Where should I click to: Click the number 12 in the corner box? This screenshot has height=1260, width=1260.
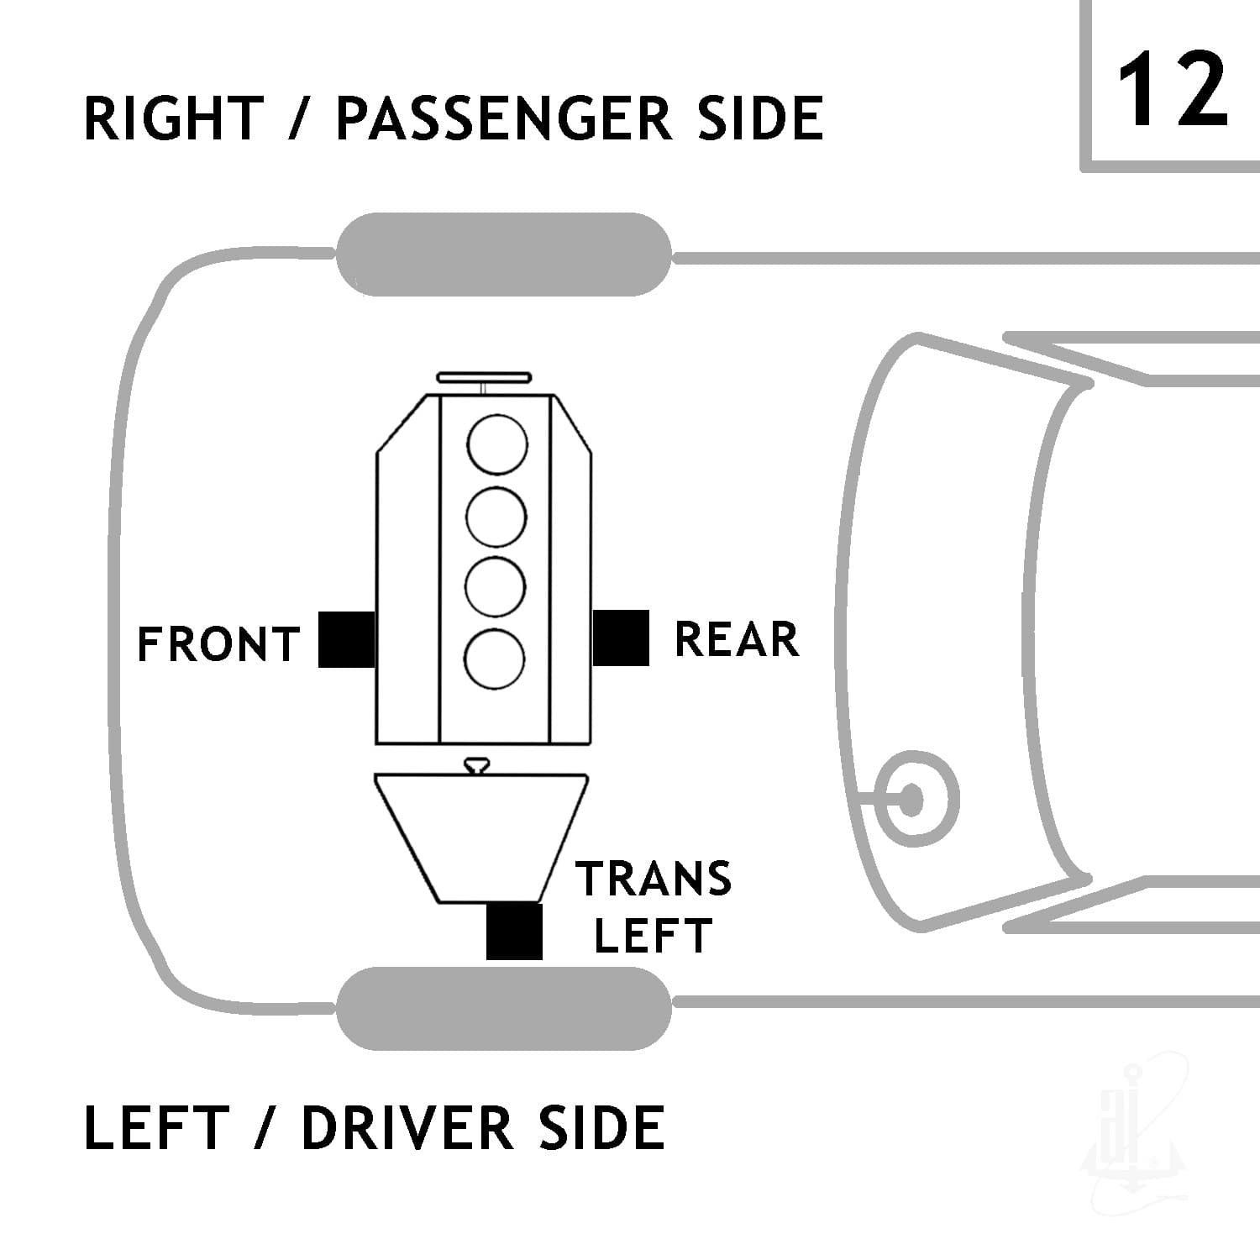pyautogui.click(x=1173, y=89)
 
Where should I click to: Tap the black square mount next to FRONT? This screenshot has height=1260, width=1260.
pyautogui.click(x=346, y=639)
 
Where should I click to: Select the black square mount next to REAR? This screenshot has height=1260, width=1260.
pyautogui.click(x=621, y=638)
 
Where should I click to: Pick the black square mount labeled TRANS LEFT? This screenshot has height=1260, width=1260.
pyautogui.click(x=514, y=931)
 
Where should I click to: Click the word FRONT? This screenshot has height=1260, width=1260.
pyautogui.click(x=218, y=644)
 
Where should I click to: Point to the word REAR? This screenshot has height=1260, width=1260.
pyautogui.click(x=737, y=639)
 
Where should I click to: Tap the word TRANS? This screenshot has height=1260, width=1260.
pyautogui.click(x=654, y=879)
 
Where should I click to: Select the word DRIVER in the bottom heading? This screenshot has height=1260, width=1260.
pyautogui.click(x=407, y=1127)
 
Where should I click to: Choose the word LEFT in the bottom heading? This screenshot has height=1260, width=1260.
pyautogui.click(x=156, y=1127)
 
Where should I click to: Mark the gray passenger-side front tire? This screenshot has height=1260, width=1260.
pyautogui.click(x=504, y=255)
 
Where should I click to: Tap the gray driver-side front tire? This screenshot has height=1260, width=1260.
pyautogui.click(x=504, y=1008)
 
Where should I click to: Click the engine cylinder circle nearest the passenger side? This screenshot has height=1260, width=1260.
pyautogui.click(x=497, y=444)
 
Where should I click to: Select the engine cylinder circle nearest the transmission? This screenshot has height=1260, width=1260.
pyautogui.click(x=496, y=659)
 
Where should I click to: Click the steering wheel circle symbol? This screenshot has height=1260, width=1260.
pyautogui.click(x=911, y=799)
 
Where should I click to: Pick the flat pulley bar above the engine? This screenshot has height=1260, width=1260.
pyautogui.click(x=485, y=377)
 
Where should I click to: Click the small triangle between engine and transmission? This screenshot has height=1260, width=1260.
pyautogui.click(x=478, y=764)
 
